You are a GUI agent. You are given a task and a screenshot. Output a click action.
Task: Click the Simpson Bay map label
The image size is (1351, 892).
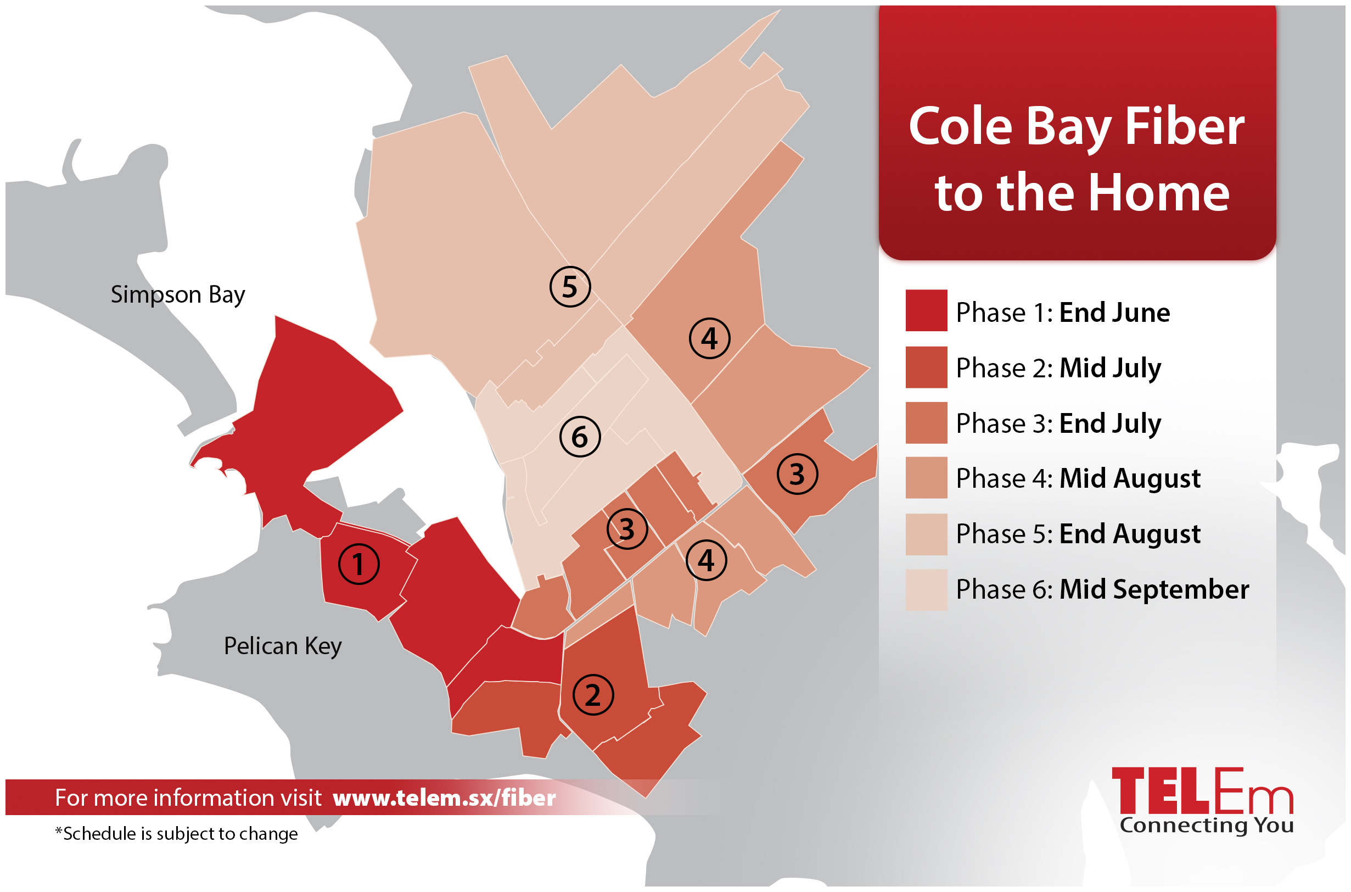point(177,294)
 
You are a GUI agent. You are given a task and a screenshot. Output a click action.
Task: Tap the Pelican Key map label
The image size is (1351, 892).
point(283,646)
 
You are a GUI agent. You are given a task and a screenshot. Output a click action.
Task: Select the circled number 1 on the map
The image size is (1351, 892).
point(359,564)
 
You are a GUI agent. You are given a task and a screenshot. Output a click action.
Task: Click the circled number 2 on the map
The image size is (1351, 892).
point(593,695)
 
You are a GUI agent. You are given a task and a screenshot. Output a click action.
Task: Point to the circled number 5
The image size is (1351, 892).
point(570,286)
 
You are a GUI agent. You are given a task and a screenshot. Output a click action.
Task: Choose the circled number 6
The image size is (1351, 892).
point(580,437)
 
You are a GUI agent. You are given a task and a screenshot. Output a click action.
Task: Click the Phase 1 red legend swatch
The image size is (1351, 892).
point(926,311)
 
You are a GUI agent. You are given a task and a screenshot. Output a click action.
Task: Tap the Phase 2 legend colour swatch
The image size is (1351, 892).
point(926,367)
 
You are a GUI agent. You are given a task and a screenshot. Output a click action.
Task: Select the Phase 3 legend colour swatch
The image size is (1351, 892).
point(926,423)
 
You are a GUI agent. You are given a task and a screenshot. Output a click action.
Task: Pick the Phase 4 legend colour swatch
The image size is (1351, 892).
point(926,478)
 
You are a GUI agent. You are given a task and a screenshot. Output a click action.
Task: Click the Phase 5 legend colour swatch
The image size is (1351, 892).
point(926,534)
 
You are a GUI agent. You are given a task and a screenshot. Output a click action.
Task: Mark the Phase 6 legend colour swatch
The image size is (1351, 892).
point(926,589)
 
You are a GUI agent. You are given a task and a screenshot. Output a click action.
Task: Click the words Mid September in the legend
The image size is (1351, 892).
point(1154,589)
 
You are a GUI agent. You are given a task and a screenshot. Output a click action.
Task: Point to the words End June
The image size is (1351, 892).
point(1114,313)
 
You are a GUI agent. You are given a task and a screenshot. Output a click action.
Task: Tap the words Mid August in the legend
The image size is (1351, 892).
point(1130,478)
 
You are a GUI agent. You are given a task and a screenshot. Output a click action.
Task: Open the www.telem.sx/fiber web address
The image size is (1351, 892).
point(444,798)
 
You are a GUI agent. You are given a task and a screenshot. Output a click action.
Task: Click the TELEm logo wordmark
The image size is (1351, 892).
point(1202,791)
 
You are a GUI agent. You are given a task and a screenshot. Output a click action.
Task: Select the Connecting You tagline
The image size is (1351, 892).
point(1207,825)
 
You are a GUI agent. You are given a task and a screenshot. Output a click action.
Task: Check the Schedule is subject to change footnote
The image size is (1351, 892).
point(176,834)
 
